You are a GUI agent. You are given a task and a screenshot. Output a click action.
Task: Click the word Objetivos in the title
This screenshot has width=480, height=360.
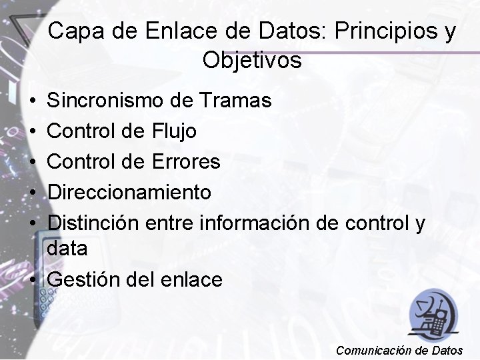point(252,61)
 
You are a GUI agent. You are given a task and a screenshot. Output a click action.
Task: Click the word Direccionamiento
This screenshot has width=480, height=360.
point(130,193)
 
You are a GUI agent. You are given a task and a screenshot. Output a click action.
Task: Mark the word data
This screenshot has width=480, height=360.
point(68,249)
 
